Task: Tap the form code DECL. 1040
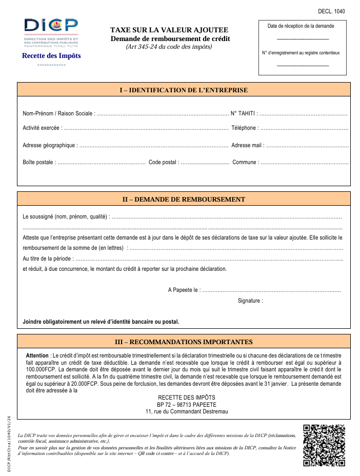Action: coord(331,11)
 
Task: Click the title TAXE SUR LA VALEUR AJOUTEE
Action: coord(169,30)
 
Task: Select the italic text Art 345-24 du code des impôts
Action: coord(169,47)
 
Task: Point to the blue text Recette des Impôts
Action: coord(51,56)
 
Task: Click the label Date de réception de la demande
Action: coord(301,26)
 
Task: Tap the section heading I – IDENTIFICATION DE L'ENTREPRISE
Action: coord(184,90)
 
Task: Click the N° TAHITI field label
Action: coord(258,113)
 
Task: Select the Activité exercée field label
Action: coord(42,128)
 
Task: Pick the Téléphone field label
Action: coord(245,128)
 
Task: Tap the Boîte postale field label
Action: coord(38,163)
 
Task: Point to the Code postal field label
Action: coord(164,163)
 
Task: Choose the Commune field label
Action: coord(246,163)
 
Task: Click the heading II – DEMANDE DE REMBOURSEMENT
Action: coord(184,200)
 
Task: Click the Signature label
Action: coord(250,301)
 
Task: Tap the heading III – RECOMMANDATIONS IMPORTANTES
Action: coord(184,342)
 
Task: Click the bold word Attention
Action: coord(37,355)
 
